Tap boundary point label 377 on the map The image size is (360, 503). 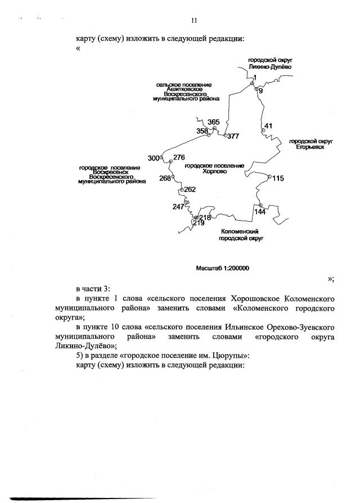[x=233, y=136]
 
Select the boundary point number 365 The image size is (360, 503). [x=213, y=122]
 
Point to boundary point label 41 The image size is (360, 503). [x=268, y=125]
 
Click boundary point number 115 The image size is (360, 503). [x=278, y=178]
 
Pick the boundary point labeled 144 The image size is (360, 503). [x=260, y=212]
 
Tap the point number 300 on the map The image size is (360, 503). [x=154, y=158]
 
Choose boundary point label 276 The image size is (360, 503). [x=179, y=157]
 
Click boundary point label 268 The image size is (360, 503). [x=165, y=178]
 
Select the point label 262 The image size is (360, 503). [x=190, y=190]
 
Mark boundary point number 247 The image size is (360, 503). [x=178, y=206]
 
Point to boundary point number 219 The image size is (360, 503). [x=198, y=223]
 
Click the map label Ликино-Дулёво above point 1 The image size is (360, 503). [x=271, y=66]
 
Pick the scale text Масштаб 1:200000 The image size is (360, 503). [x=222, y=268]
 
